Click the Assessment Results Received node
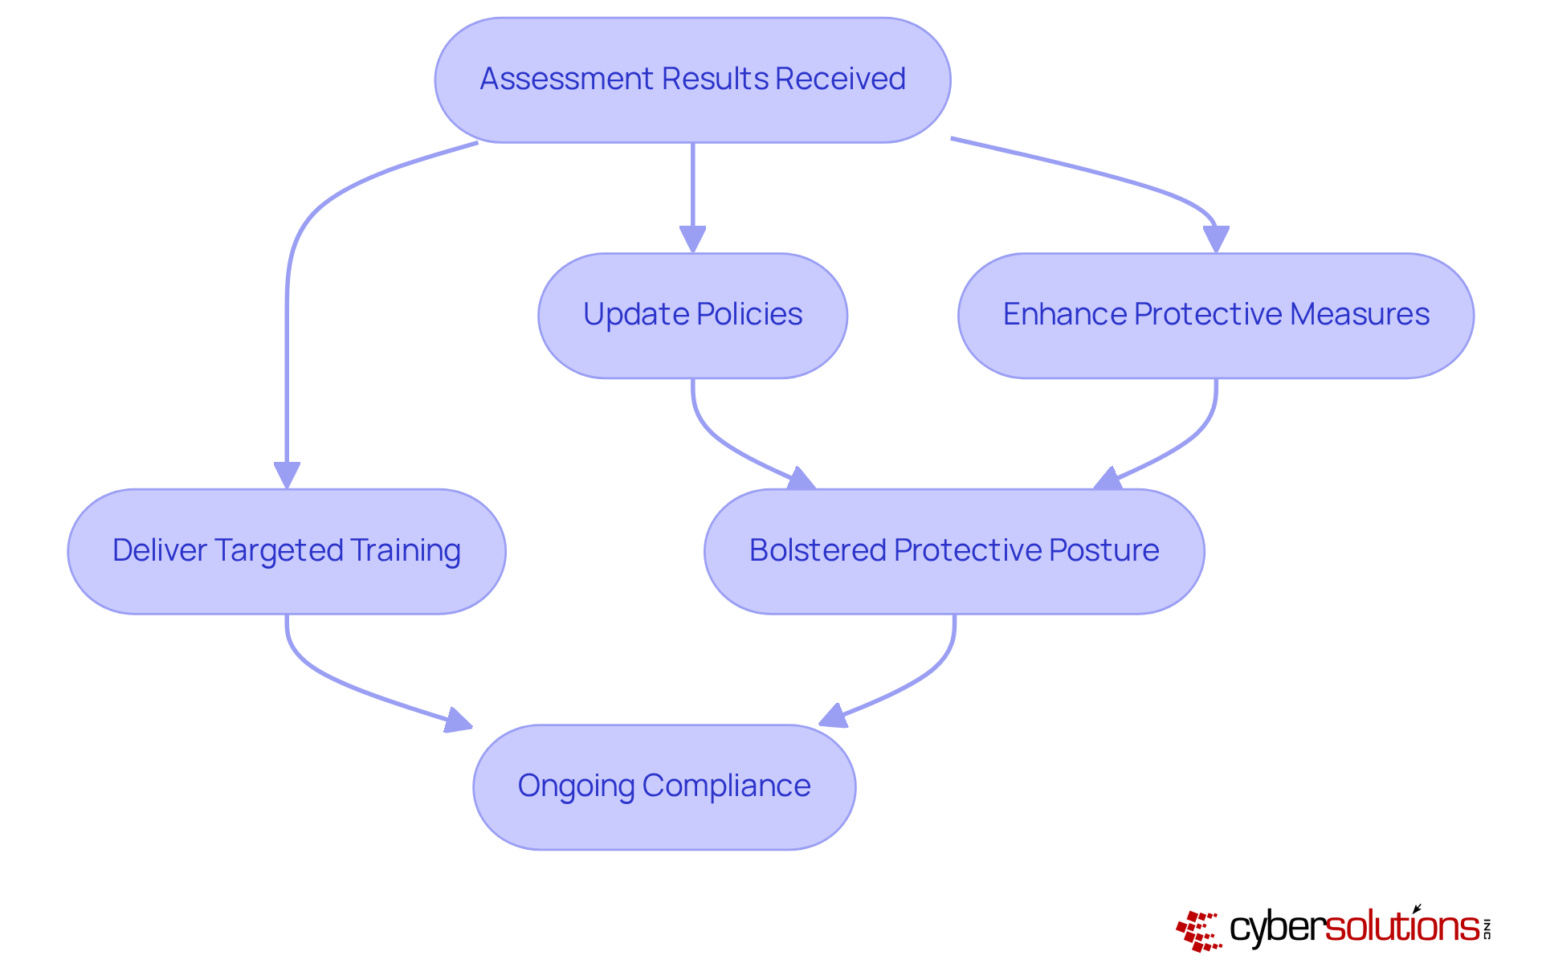pos(692,80)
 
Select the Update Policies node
pos(692,315)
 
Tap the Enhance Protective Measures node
pos(1215,315)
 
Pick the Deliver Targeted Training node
pos(287,551)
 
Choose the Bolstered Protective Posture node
pos(953,551)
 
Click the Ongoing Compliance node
pos(664,786)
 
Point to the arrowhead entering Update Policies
pos(692,239)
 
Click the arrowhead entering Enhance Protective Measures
pos(1216,239)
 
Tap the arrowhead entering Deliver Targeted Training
pos(287,475)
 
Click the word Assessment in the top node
pos(566,80)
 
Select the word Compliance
pos(726,786)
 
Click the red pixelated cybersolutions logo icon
pos(1199,931)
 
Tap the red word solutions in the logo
pos(1401,927)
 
